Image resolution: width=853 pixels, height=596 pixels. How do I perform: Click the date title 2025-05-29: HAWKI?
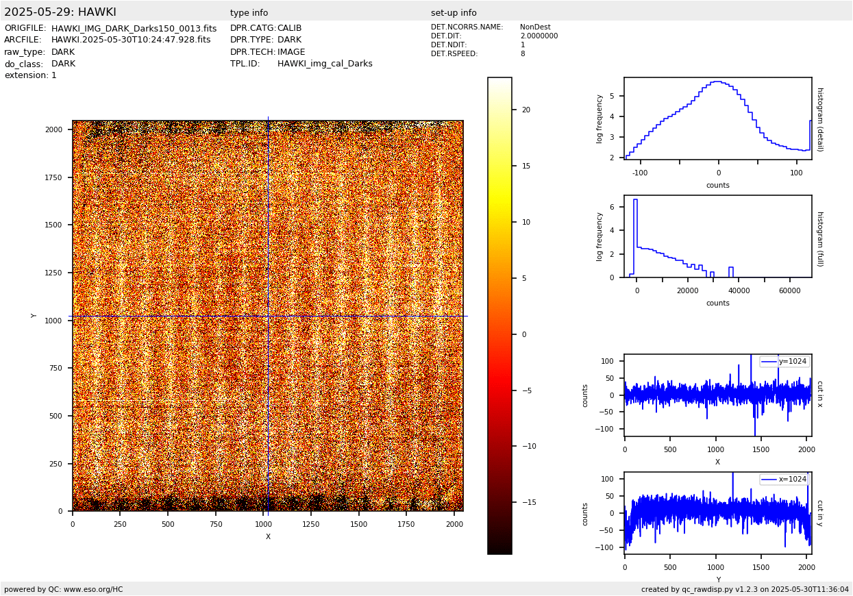point(60,12)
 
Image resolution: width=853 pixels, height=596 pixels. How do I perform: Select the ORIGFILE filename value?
point(134,29)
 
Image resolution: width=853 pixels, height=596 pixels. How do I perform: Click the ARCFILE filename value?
point(131,40)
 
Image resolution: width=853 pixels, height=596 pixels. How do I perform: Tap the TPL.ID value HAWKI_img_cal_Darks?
point(325,64)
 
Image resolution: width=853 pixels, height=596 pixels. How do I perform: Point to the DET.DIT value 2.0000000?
point(539,36)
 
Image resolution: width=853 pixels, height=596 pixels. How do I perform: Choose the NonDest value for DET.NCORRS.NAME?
point(535,27)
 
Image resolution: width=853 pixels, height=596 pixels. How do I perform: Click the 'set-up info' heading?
point(454,13)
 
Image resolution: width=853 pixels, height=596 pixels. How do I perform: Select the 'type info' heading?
point(249,13)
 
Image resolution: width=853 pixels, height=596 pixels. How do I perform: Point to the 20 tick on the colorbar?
point(526,110)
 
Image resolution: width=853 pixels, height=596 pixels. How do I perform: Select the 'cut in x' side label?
point(819,394)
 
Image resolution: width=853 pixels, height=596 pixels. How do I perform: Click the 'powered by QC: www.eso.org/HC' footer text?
point(64,589)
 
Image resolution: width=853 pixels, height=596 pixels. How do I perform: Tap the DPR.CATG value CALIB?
point(289,29)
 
